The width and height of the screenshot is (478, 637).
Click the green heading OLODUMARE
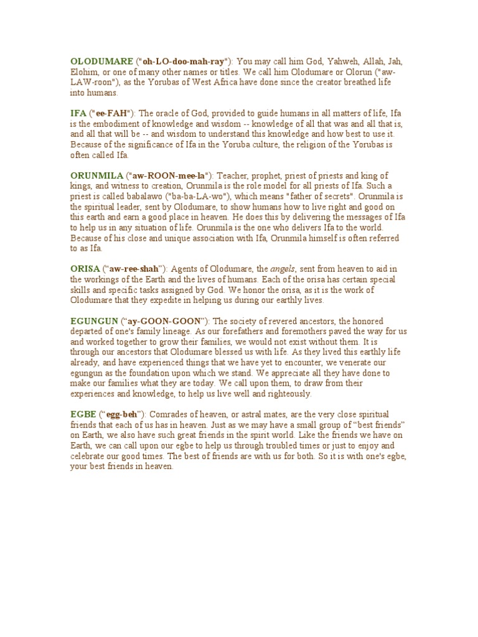pyautogui.click(x=101, y=62)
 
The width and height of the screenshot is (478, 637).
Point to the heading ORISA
pyautogui.click(x=83, y=269)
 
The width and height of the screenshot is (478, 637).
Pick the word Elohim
pyautogui.click(x=83, y=72)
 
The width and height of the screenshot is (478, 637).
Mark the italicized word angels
pyautogui.click(x=283, y=269)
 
